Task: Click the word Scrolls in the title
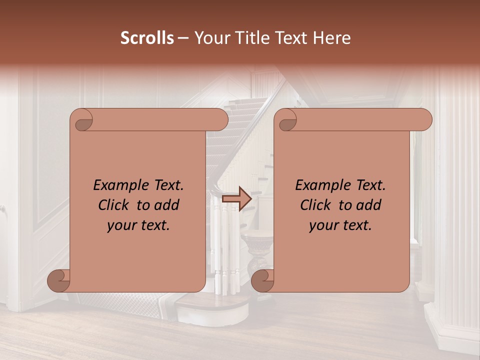pos(147,38)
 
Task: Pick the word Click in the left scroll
pos(113,205)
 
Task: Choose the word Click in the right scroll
pos(315,205)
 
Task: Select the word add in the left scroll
pos(167,205)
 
